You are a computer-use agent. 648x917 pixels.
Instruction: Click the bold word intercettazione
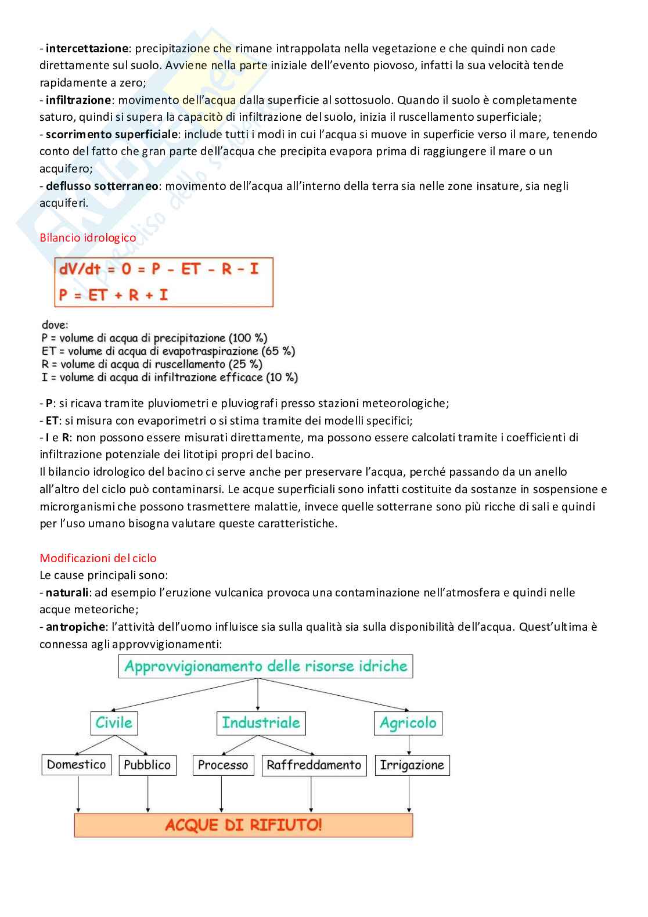87,48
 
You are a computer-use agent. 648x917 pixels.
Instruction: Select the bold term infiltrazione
78,100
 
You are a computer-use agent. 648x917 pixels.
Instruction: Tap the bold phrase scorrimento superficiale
111,134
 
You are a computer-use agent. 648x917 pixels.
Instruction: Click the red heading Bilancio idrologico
88,238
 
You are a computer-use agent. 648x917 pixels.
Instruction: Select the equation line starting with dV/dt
159,269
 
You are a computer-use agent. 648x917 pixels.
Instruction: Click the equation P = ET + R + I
113,295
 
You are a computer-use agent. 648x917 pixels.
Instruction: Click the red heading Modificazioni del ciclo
98,558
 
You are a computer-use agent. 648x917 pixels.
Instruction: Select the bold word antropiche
75,627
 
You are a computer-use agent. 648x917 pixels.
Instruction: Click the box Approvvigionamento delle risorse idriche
266,666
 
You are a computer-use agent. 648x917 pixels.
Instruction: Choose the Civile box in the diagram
114,723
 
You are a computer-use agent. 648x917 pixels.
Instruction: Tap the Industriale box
261,723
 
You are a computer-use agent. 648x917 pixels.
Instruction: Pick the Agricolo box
408,723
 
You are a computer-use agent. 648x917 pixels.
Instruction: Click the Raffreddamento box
314,765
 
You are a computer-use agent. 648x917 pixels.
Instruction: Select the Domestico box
77,765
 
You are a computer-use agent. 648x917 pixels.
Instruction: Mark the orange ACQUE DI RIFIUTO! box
243,825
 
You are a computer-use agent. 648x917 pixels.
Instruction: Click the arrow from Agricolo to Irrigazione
409,745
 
